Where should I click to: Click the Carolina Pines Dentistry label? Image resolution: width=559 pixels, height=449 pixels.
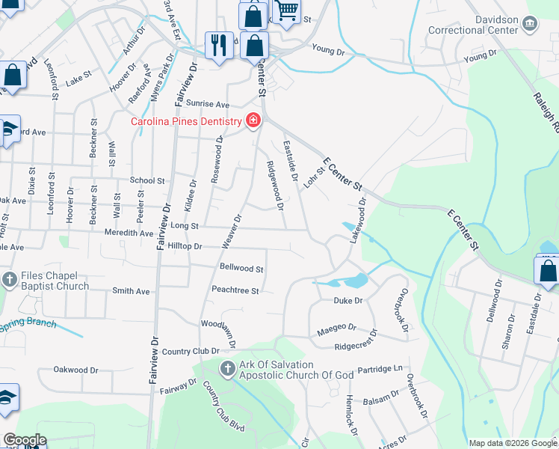(186, 121)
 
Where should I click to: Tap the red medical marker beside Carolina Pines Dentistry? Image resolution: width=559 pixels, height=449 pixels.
(254, 120)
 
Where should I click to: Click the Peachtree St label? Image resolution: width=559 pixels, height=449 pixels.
(235, 290)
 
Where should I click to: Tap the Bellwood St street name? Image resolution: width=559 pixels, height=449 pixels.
(241, 268)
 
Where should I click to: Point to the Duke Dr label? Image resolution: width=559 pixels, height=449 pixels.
(348, 300)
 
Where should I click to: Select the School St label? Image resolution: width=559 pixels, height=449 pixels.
(147, 180)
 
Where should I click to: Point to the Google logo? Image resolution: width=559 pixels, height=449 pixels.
(24, 440)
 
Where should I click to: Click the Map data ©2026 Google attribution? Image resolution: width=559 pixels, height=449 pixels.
(512, 443)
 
